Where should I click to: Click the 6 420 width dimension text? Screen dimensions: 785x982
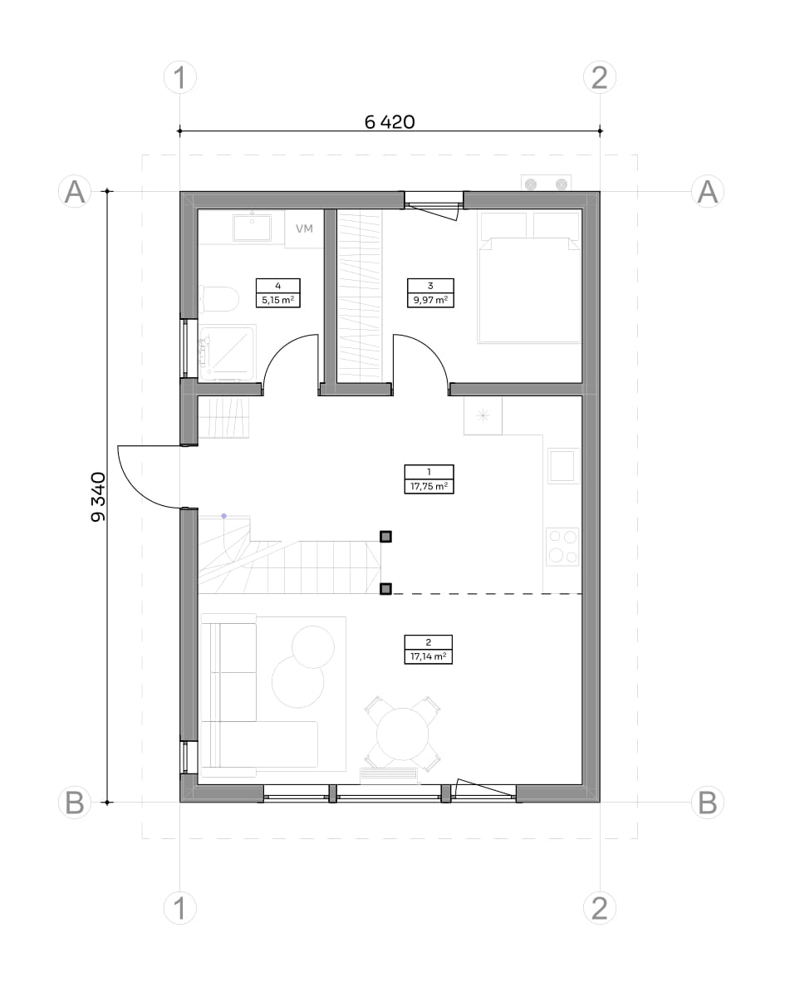click(390, 121)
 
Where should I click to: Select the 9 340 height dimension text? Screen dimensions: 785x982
click(98, 498)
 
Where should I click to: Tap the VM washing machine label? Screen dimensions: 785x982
click(304, 228)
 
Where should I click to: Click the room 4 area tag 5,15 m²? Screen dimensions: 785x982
click(278, 292)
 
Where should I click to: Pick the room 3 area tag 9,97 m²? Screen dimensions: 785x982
click(430, 292)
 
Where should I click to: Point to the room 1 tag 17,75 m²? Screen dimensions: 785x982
click(429, 479)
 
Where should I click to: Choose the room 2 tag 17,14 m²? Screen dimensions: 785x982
click(428, 650)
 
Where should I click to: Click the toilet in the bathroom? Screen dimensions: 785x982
click(218, 299)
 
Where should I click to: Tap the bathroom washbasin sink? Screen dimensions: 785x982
click(253, 228)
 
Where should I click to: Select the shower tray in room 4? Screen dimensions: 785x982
click(228, 352)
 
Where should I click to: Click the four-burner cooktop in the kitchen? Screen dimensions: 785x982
click(562, 547)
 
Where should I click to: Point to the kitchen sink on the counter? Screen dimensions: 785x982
click(563, 465)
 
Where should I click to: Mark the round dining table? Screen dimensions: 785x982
click(403, 734)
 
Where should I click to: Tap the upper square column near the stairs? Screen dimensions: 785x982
click(385, 536)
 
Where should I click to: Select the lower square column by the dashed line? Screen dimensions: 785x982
click(385, 589)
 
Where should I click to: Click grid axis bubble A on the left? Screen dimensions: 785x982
click(75, 191)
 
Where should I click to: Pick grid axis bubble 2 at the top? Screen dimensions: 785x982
click(600, 77)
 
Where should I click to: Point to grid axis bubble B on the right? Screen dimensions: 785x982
click(708, 803)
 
